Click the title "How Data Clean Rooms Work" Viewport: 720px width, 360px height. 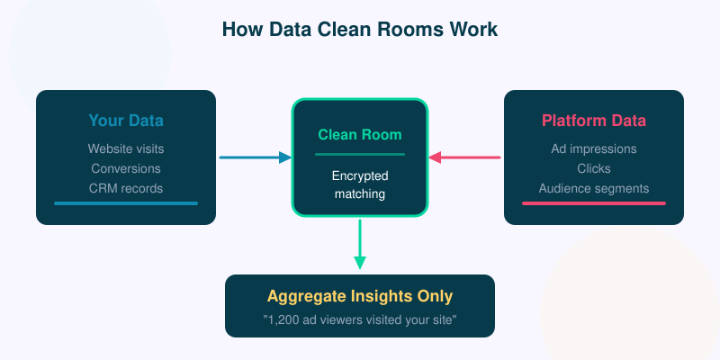(x=360, y=30)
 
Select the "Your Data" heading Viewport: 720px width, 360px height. (x=126, y=121)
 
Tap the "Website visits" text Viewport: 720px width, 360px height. (x=126, y=148)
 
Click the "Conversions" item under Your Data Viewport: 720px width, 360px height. (x=126, y=168)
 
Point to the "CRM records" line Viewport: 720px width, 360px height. (x=126, y=188)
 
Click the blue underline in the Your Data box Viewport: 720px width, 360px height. (x=126, y=203)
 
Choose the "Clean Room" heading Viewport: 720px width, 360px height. (x=360, y=135)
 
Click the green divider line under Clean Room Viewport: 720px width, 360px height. (x=360, y=155)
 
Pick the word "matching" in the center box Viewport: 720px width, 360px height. (x=360, y=193)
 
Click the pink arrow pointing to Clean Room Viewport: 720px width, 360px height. (x=464, y=157)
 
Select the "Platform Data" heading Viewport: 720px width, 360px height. (x=594, y=121)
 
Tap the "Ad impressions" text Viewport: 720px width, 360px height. (x=594, y=148)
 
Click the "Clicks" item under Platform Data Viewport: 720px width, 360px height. (x=594, y=168)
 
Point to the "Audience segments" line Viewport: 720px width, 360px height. (x=594, y=188)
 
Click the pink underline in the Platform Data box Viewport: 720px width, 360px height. (x=594, y=203)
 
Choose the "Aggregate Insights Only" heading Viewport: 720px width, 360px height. (x=360, y=296)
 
